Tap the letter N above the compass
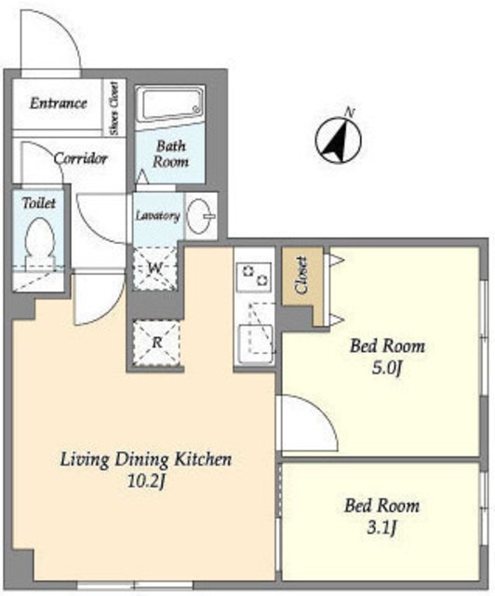[x=350, y=113]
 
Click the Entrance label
[x=59, y=103]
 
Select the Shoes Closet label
[x=114, y=108]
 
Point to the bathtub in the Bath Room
[x=170, y=103]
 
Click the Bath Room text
[x=170, y=154]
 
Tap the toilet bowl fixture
[x=40, y=243]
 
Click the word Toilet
[x=39, y=203]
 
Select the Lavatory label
[x=157, y=216]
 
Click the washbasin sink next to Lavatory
[x=201, y=216]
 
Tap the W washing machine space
[x=155, y=268]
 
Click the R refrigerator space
[x=156, y=343]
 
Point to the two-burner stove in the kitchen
[x=253, y=276]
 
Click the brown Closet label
[x=301, y=276]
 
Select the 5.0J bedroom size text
[x=386, y=368]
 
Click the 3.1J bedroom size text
[x=381, y=527]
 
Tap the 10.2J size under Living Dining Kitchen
[x=146, y=481]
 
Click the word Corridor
[x=81, y=158]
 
